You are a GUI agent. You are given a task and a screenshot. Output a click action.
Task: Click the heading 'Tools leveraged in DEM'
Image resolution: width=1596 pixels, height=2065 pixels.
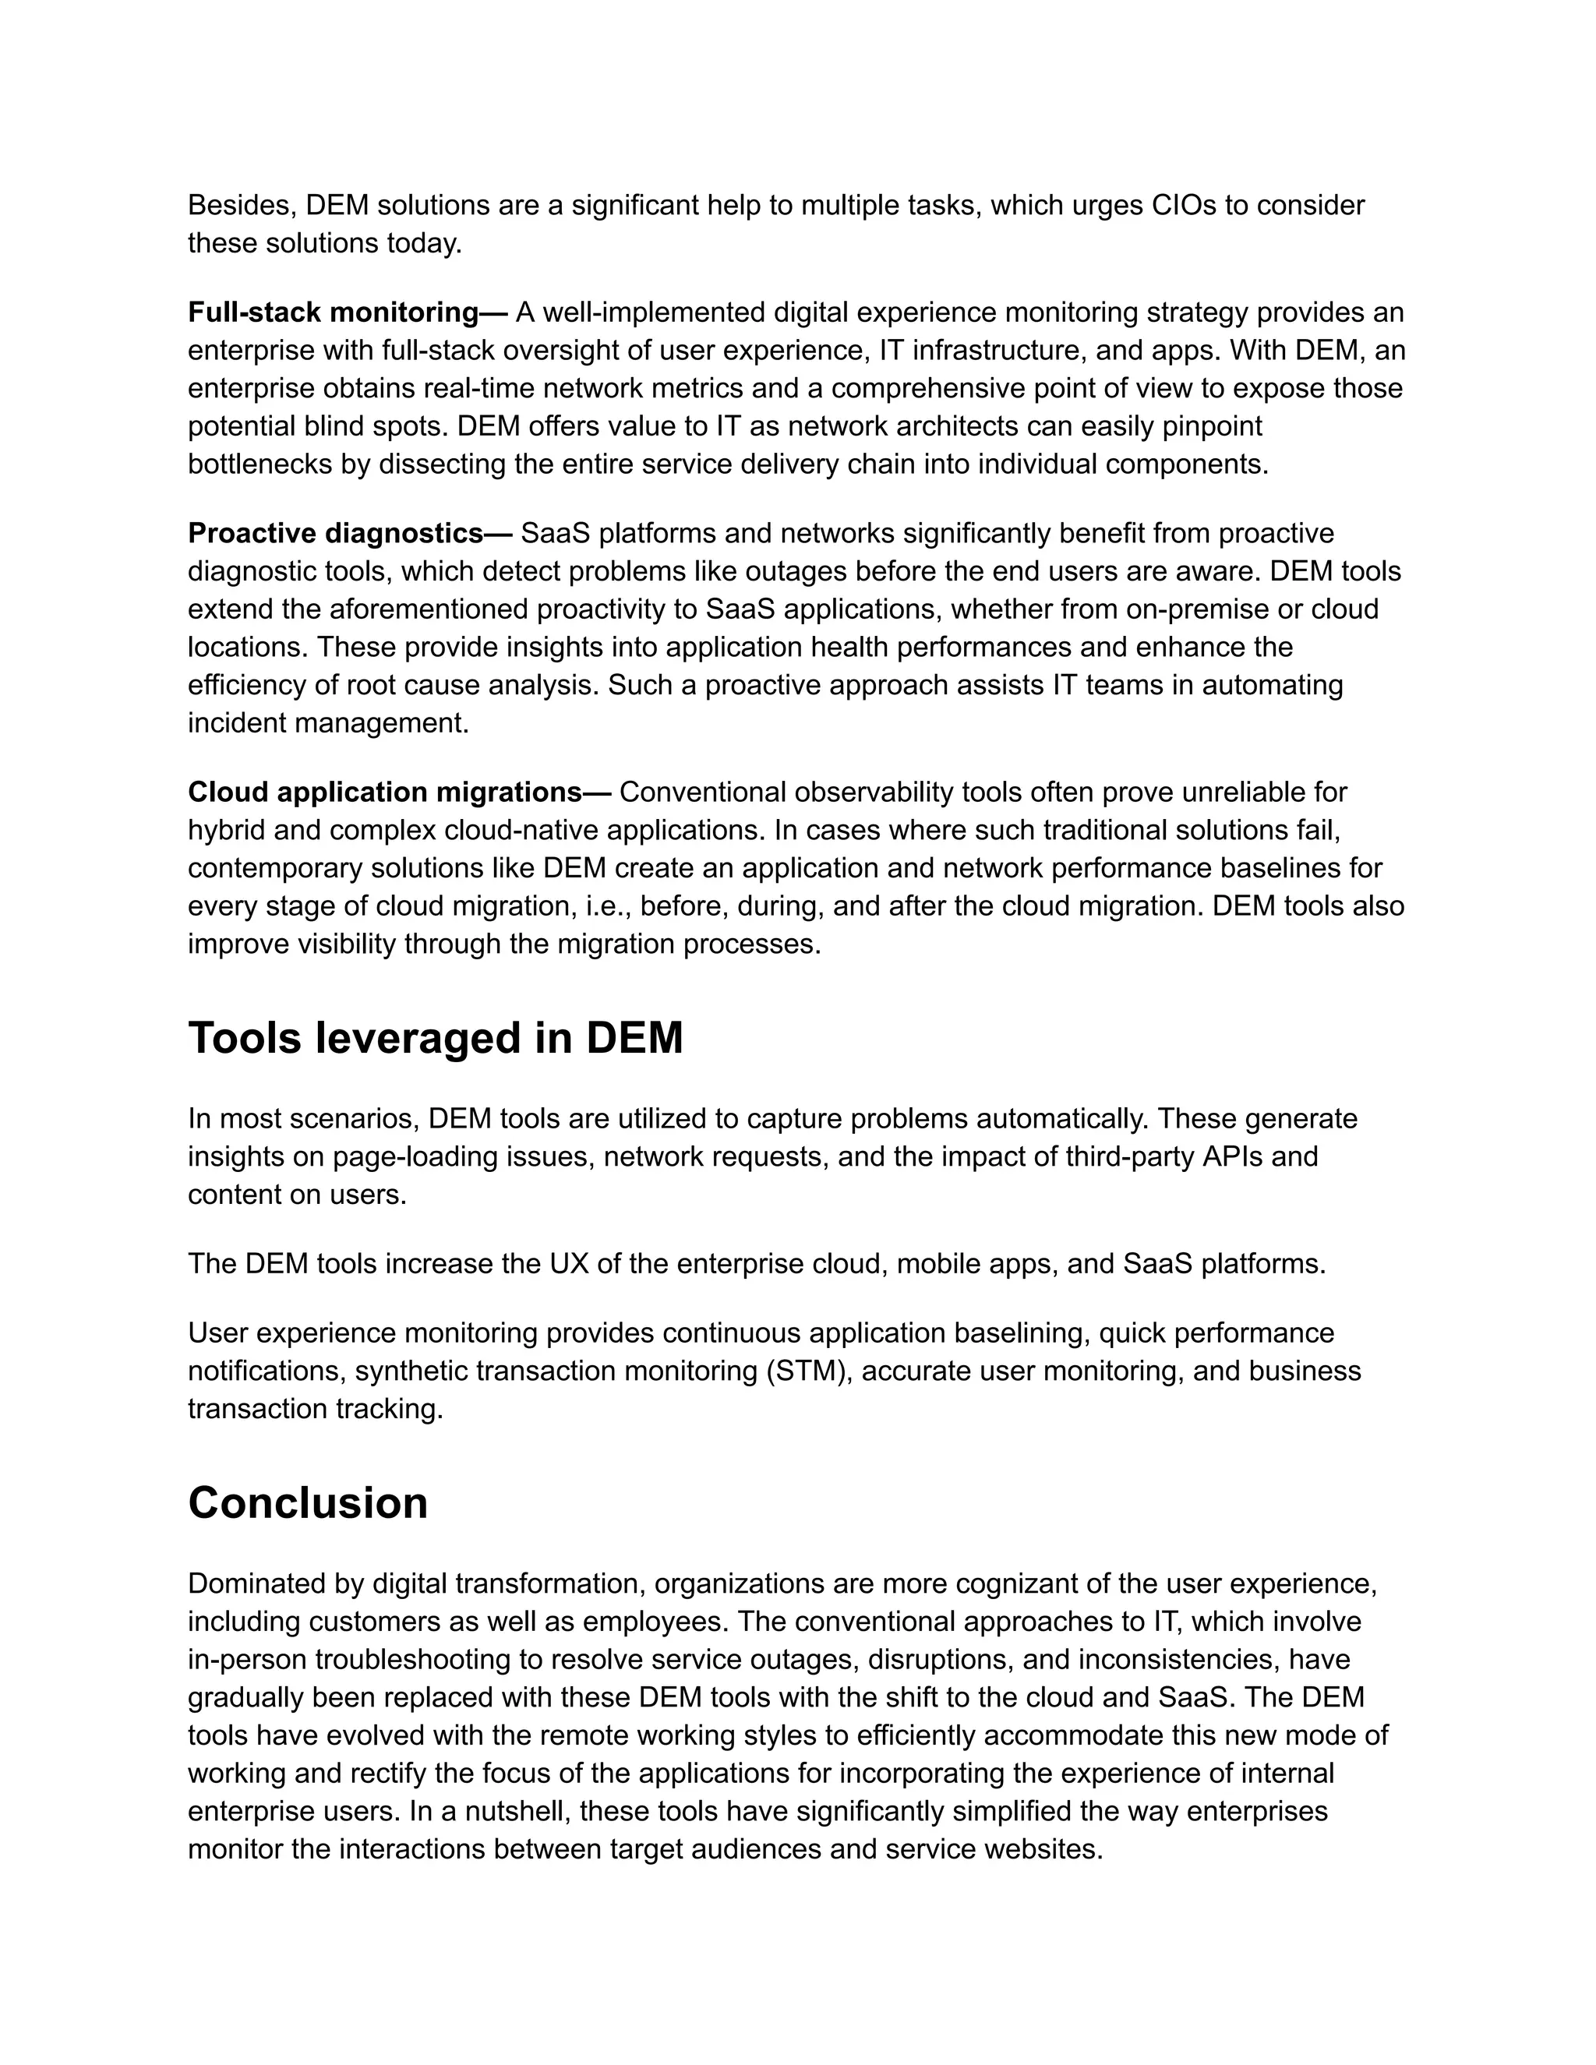(435, 1038)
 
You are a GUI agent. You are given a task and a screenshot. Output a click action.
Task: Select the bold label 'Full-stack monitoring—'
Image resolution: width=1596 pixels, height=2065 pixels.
(347, 313)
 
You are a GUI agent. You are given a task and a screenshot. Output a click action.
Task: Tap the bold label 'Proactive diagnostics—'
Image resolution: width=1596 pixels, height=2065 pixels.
(350, 535)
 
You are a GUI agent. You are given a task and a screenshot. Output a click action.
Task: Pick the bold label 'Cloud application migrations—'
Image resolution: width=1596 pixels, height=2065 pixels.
(399, 792)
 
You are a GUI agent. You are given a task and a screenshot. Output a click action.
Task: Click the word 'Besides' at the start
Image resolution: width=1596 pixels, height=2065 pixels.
(241, 206)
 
